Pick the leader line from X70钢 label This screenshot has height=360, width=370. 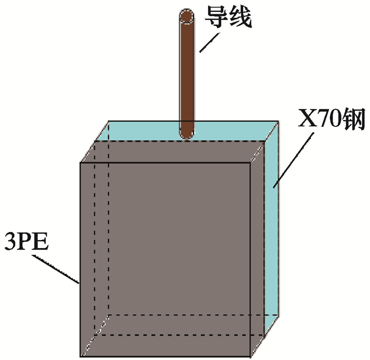290,159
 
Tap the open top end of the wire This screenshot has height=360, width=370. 187,16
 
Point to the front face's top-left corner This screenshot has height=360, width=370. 80,163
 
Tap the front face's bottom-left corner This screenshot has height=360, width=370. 80,356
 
